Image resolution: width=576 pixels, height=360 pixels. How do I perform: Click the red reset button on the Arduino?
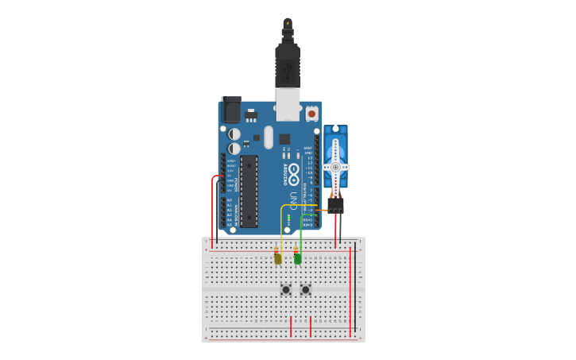[311, 114]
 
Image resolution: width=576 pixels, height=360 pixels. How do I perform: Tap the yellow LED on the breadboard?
[277, 258]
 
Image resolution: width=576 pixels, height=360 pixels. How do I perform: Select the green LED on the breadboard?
[297, 258]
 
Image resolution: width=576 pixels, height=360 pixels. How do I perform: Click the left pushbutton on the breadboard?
[286, 289]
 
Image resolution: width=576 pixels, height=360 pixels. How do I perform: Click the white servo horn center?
[335, 168]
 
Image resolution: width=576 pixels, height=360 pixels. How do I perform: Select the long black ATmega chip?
[249, 192]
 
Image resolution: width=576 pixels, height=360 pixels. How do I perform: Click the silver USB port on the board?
[288, 104]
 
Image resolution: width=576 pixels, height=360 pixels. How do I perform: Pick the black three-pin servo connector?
[336, 206]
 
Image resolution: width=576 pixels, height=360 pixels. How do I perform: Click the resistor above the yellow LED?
[277, 247]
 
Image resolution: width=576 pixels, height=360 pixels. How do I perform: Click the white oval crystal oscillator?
[269, 137]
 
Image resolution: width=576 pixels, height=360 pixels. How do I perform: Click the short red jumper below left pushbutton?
[291, 326]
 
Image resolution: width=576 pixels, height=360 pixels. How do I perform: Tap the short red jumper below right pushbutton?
[311, 326]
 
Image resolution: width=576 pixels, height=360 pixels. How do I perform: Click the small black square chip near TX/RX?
[284, 139]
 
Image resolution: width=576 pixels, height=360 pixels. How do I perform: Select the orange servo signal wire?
[322, 210]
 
